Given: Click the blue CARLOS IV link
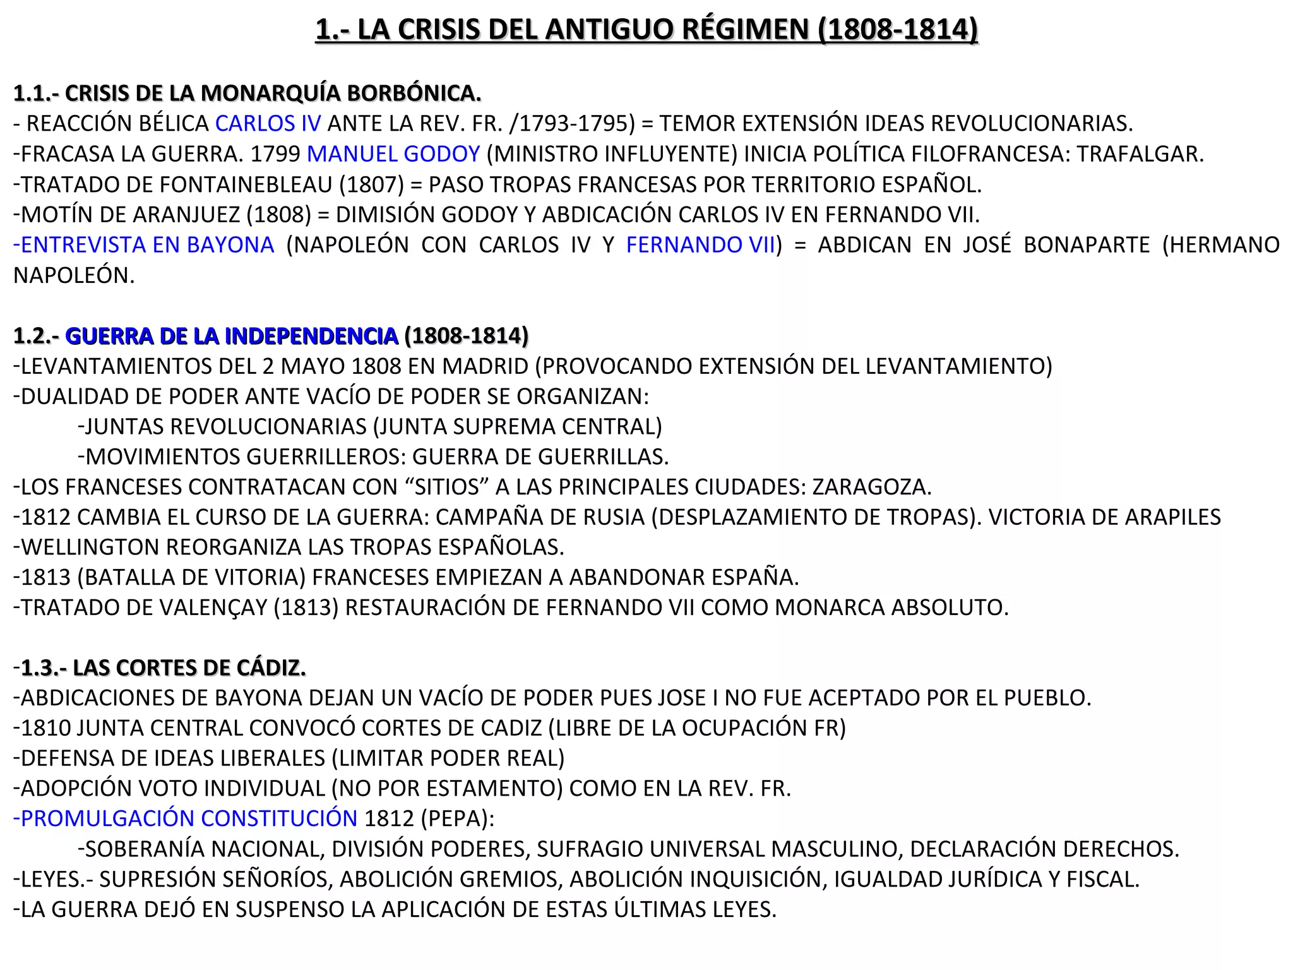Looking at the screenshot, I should click(x=268, y=124).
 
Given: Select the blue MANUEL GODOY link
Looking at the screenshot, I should click(x=393, y=154).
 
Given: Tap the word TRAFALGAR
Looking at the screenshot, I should click(x=1140, y=154).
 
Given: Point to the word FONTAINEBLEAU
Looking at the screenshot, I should click(x=246, y=184).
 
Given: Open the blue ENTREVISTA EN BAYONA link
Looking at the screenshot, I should click(x=144, y=245).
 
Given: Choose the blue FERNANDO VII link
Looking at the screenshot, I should click(x=700, y=245).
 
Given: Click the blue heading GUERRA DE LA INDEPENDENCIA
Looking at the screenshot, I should click(x=231, y=336).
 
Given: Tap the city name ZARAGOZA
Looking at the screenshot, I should click(x=871, y=488).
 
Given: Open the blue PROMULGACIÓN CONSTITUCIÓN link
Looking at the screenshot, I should click(x=186, y=819).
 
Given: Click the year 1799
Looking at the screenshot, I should click(x=275, y=154).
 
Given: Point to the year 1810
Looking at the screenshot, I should click(x=45, y=728).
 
